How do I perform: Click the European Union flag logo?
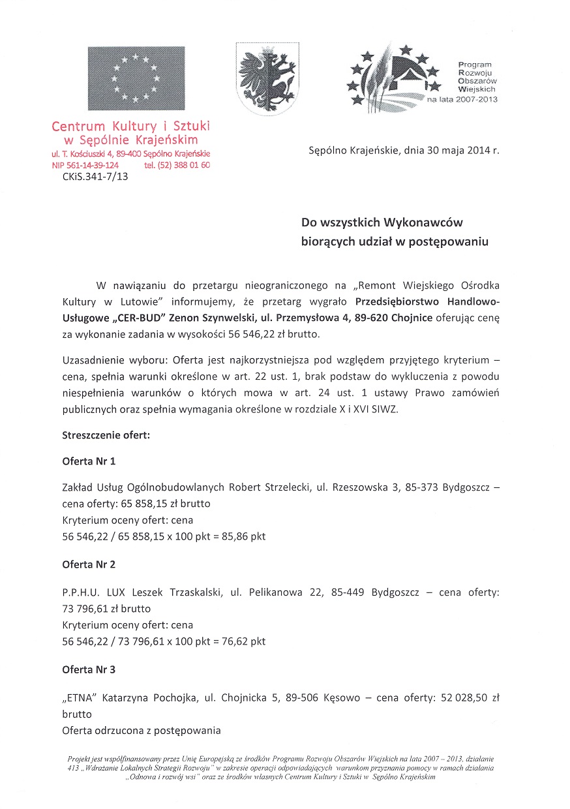(136, 78)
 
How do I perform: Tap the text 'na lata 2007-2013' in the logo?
(462, 100)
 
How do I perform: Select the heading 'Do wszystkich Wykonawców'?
(382, 222)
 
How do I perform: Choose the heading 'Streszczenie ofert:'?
(106, 435)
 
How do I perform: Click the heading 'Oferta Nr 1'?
(89, 461)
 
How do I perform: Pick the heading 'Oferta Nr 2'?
(89, 564)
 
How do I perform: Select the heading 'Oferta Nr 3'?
(89, 669)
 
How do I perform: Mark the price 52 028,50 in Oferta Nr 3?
(460, 697)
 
